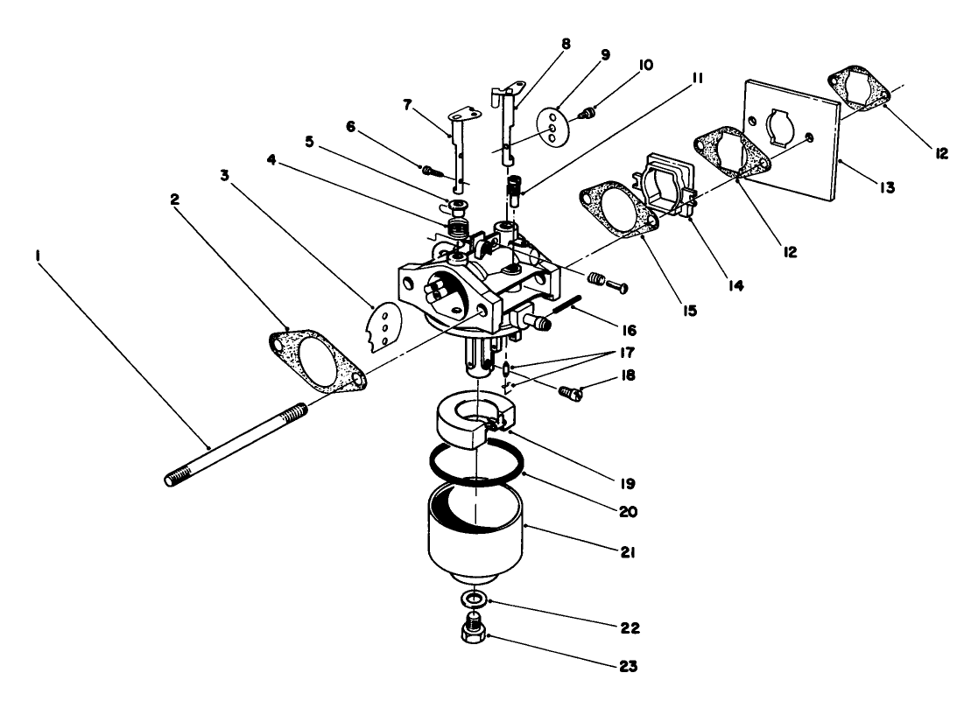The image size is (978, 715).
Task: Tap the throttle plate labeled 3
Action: tap(382, 326)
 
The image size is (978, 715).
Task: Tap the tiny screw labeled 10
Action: tap(590, 112)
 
